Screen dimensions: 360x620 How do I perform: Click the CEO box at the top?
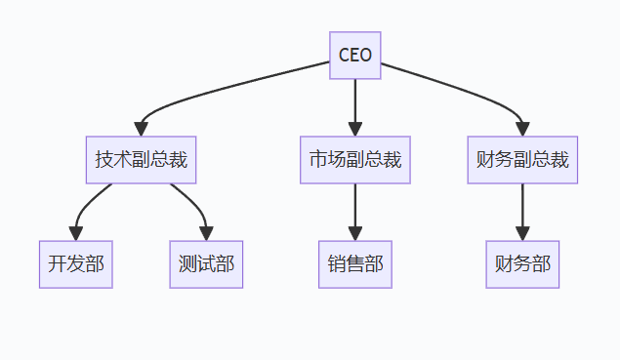354,55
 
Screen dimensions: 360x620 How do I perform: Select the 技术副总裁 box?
141,160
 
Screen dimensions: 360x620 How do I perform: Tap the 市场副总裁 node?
354,160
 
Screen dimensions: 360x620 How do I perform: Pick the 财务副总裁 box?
522,160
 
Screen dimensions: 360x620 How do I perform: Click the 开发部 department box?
76,264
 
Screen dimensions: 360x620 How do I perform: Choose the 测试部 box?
206,264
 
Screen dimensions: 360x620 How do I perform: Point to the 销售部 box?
354,264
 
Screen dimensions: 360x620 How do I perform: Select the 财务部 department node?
522,264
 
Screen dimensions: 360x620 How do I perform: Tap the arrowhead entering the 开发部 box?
76,232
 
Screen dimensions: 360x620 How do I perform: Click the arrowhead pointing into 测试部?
206,232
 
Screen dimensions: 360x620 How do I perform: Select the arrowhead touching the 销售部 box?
354,232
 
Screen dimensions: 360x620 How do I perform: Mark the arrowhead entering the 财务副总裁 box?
522,129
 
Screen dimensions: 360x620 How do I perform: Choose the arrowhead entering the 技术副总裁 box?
142,129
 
